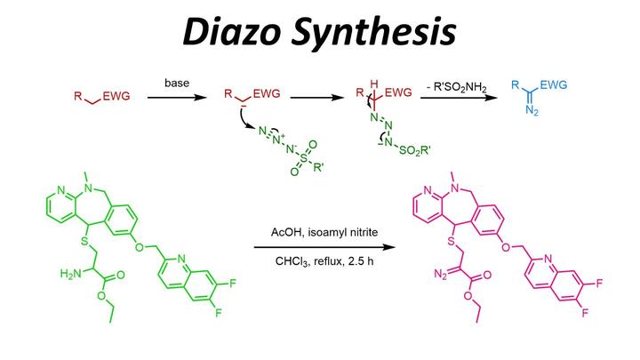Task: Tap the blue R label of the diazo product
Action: [516, 85]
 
